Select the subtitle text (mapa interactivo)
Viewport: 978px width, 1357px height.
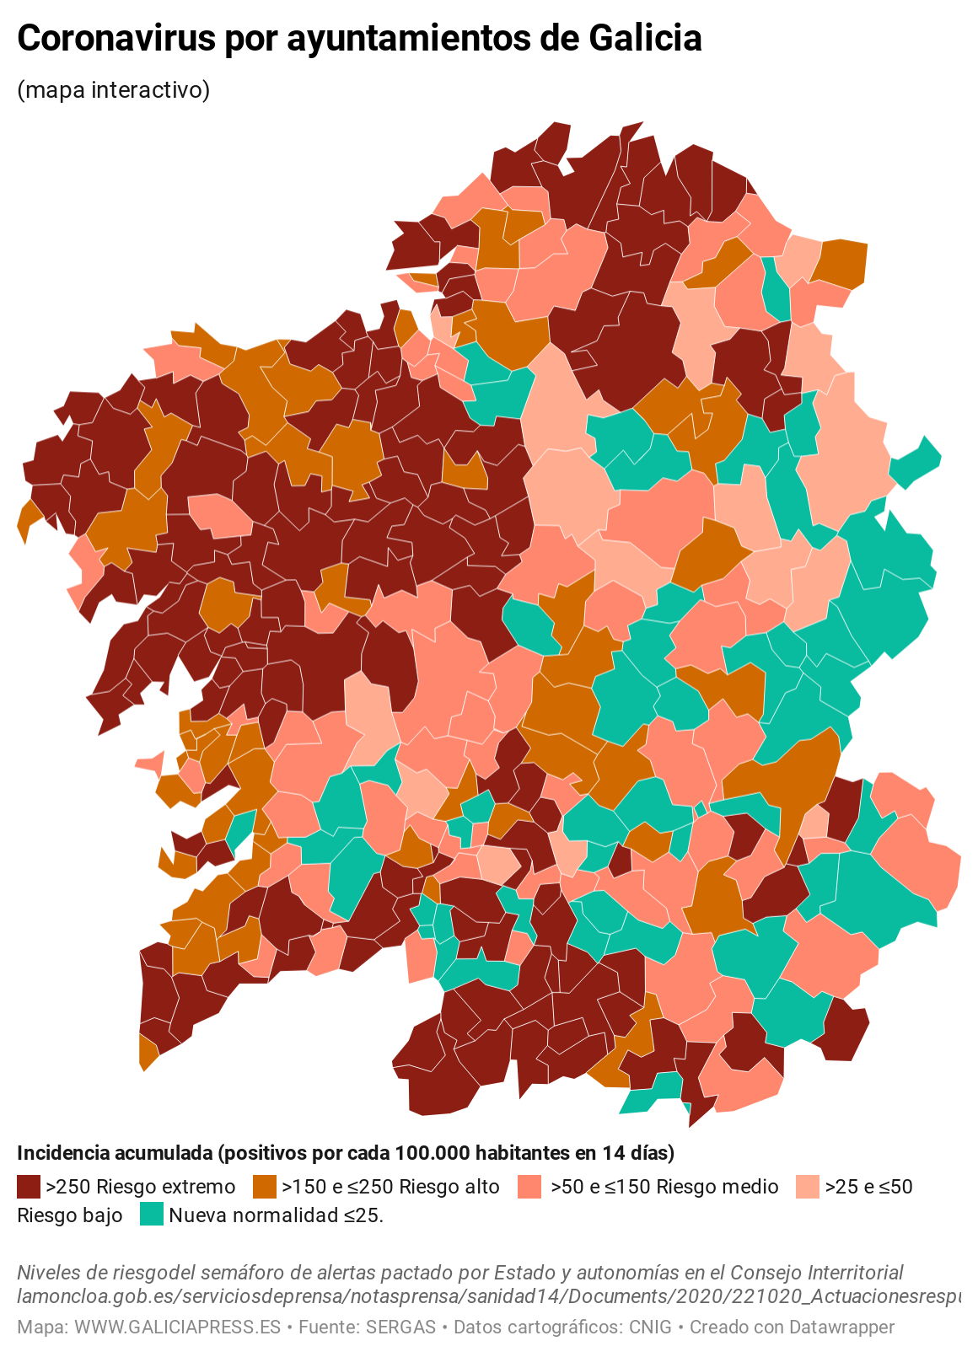(x=113, y=89)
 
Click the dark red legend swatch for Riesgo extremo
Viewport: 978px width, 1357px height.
(x=29, y=1187)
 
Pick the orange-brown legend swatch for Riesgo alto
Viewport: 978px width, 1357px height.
(x=265, y=1187)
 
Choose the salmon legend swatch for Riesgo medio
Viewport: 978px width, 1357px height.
(x=529, y=1187)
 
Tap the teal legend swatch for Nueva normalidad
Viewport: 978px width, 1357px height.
(x=152, y=1215)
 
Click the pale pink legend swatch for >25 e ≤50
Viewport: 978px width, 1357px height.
(x=808, y=1187)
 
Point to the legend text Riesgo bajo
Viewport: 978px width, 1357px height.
(x=70, y=1215)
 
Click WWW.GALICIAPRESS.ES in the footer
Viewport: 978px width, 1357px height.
(x=177, y=1327)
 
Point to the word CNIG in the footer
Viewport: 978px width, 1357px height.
(x=650, y=1327)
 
